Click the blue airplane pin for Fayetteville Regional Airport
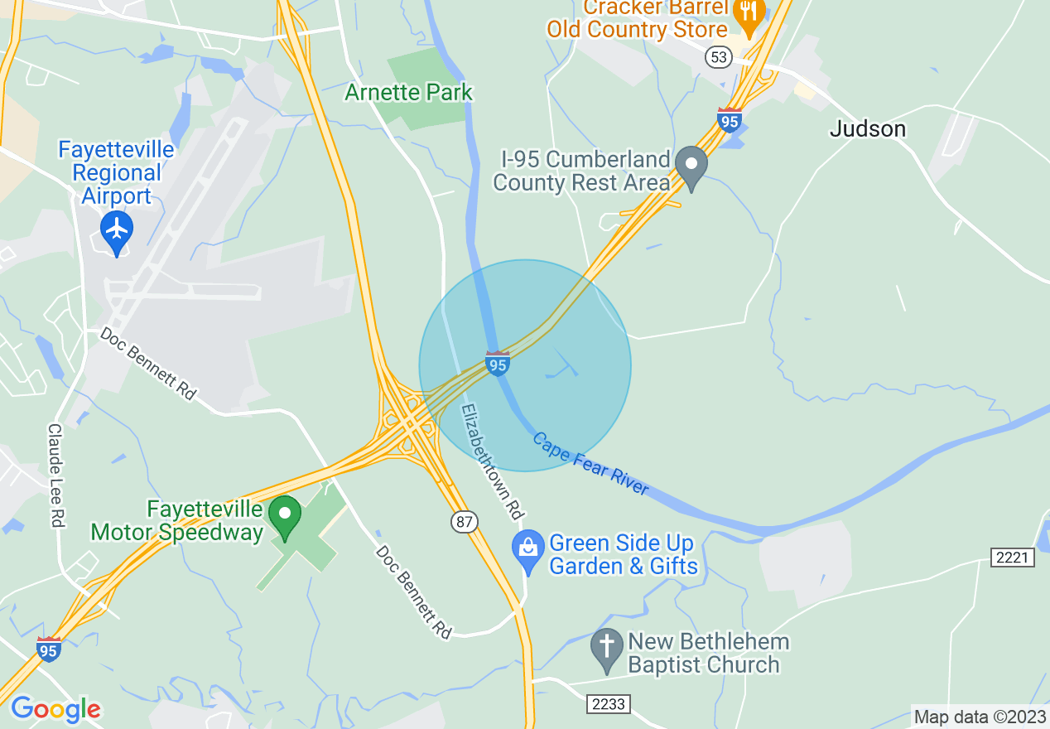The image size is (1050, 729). [x=117, y=229]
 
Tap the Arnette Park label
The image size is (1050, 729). [x=408, y=92]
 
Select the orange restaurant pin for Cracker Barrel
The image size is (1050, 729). [x=749, y=13]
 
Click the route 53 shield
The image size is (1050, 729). [x=718, y=56]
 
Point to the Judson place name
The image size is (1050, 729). [x=868, y=129]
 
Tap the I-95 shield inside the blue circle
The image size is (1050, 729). [x=497, y=364]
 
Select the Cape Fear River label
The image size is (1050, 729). [x=590, y=464]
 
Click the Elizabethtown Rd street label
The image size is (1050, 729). [x=493, y=462]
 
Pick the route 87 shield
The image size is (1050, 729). [x=465, y=521]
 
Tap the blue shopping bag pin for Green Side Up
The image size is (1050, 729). [x=527, y=549]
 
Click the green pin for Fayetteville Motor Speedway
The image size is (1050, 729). [x=286, y=515]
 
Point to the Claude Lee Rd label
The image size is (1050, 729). [x=56, y=476]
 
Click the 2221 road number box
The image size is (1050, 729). [x=1013, y=558]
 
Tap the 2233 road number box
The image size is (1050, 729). [x=609, y=704]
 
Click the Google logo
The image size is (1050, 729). [x=55, y=709]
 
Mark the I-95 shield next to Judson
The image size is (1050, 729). [x=729, y=120]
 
